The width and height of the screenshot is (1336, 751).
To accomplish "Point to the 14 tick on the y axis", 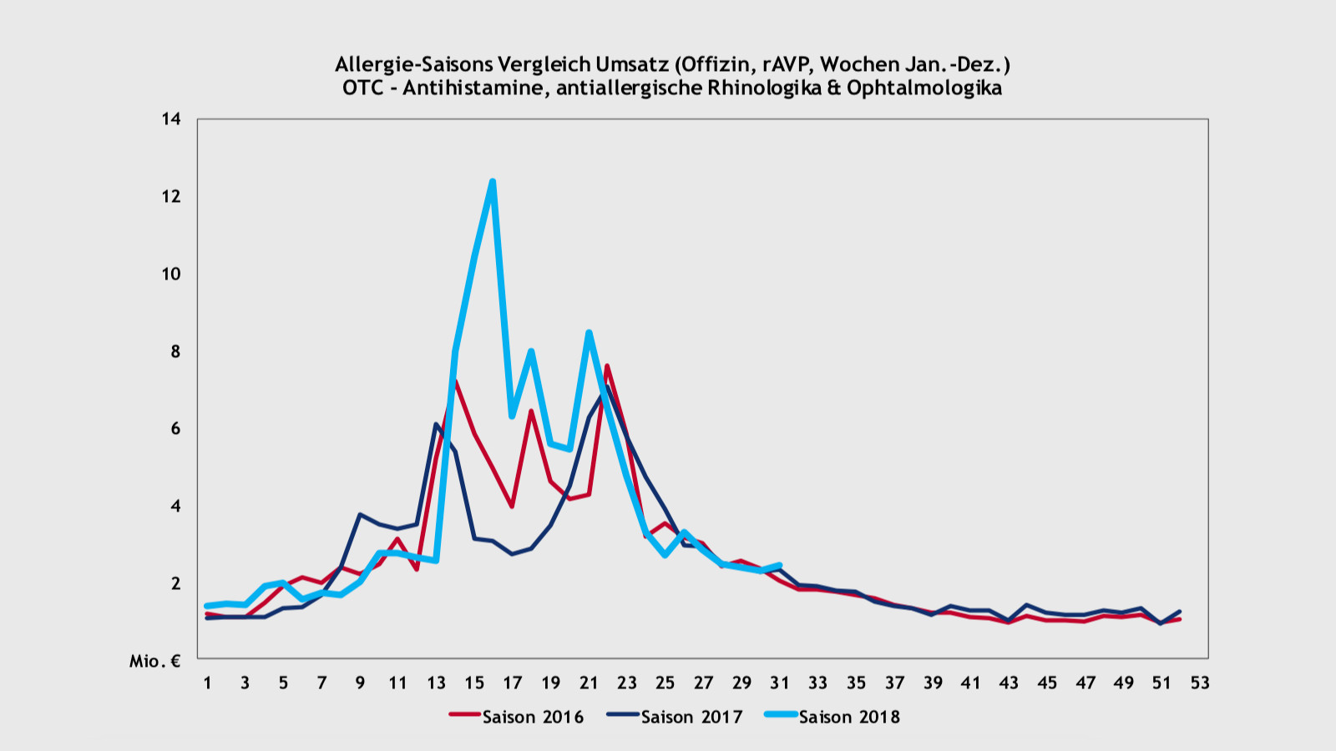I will pyautogui.click(x=171, y=119).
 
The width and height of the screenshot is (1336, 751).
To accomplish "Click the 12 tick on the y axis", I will pyautogui.click(x=171, y=197).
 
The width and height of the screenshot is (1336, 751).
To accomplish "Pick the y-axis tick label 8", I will pyautogui.click(x=175, y=351).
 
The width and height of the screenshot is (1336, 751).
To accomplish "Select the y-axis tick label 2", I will pyautogui.click(x=175, y=583).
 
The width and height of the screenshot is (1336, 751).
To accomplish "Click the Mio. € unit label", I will pyautogui.click(x=155, y=661).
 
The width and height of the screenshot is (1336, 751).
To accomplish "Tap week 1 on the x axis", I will pyautogui.click(x=207, y=683).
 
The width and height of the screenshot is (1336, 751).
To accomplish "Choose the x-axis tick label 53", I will pyautogui.click(x=1200, y=683).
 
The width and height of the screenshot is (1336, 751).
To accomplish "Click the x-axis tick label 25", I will pyautogui.click(x=665, y=683).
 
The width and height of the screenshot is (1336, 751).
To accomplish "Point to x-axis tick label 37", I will pyautogui.click(x=894, y=683).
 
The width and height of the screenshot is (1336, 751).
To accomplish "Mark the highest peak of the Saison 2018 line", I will pyautogui.click(x=493, y=181).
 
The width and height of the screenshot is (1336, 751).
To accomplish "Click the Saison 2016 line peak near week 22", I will pyautogui.click(x=607, y=365).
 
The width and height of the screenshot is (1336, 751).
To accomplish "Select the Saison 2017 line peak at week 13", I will pyautogui.click(x=436, y=425).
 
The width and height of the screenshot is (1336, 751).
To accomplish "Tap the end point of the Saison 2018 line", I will pyautogui.click(x=779, y=565).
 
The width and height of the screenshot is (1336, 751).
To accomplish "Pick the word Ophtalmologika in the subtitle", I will pyautogui.click(x=924, y=88).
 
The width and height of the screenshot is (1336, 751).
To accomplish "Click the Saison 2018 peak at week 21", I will pyautogui.click(x=589, y=332).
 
